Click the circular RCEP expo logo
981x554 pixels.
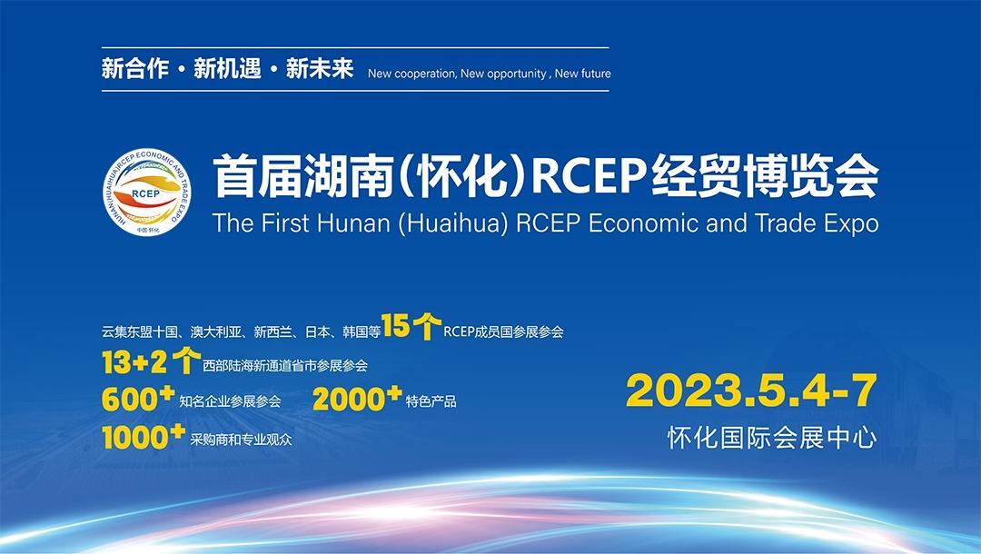click(147, 192)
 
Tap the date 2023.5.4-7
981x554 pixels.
click(751, 391)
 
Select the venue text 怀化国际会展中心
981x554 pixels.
click(772, 438)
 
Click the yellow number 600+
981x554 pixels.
click(138, 399)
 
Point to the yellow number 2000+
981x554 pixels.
click(357, 399)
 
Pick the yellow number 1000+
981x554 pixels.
click(144, 437)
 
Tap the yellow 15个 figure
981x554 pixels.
click(411, 326)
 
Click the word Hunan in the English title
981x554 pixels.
click(353, 223)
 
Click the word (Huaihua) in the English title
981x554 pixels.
click(453, 223)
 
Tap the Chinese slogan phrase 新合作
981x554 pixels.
click(135, 68)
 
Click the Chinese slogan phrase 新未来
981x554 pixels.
click(320, 68)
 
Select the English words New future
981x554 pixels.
click(582, 74)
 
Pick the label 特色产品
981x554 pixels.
click(431, 401)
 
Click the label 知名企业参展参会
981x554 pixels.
click(230, 401)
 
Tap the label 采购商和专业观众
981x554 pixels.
click(241, 440)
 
